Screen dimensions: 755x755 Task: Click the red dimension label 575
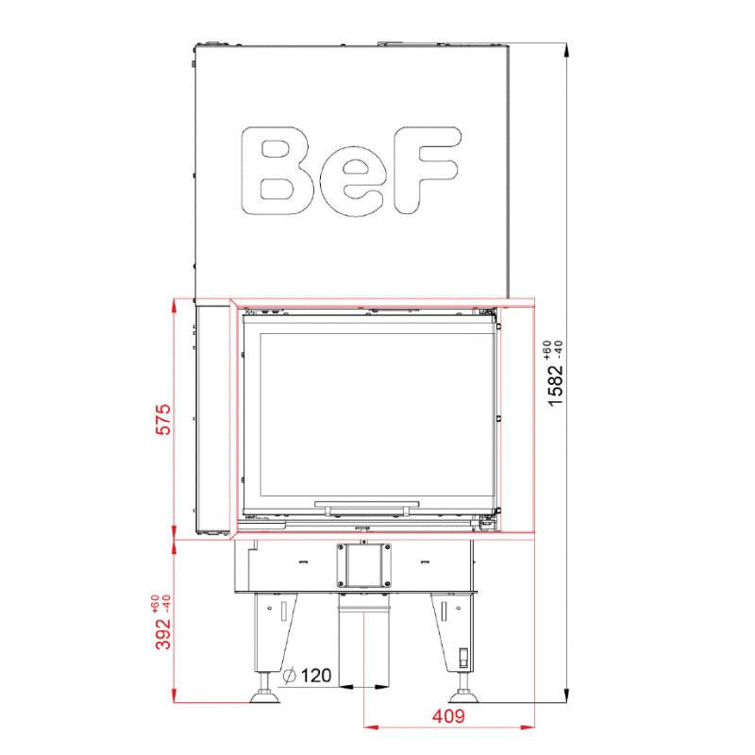tap(163, 419)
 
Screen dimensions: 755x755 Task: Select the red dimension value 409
tap(448, 716)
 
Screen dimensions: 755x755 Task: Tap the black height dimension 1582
tap(555, 385)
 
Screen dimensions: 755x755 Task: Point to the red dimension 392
tap(163, 633)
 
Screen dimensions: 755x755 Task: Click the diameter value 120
tap(316, 676)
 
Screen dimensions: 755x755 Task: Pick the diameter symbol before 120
tap(290, 676)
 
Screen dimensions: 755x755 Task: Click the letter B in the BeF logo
tap(277, 171)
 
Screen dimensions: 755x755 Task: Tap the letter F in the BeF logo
tap(428, 170)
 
